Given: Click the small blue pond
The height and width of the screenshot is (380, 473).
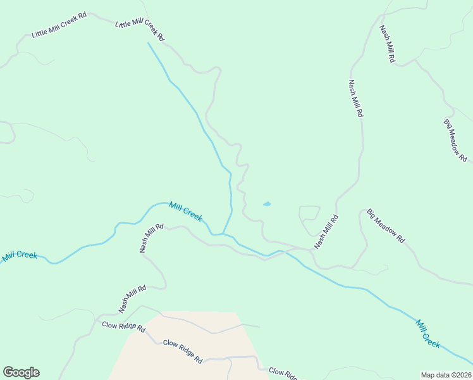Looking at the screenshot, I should (267, 204).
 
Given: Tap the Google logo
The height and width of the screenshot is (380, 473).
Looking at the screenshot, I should (21, 372).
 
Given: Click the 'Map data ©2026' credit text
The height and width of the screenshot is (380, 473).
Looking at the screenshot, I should (446, 374).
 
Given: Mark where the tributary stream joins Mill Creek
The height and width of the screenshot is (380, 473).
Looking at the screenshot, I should (222, 234).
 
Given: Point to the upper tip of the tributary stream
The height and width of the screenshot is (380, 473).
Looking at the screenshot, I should (148, 43).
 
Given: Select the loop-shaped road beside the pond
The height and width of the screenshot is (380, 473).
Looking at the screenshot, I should (309, 217).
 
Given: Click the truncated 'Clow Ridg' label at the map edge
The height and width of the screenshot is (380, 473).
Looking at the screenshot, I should (283, 374).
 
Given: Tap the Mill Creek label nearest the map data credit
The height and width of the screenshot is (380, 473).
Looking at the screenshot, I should (428, 333).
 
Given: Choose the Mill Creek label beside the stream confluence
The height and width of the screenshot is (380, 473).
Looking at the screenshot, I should (186, 212).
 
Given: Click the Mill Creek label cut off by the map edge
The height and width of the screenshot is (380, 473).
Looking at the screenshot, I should (19, 255).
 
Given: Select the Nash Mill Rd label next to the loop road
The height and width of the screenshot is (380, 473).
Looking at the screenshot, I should (326, 232).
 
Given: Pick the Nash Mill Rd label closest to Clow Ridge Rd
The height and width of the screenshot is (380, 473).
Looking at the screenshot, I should (132, 299).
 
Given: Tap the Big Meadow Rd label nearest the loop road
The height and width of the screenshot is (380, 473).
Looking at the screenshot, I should (385, 227).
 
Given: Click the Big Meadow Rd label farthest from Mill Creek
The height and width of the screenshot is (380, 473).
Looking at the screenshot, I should (455, 141).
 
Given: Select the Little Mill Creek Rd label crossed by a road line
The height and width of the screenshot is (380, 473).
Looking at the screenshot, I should (140, 30).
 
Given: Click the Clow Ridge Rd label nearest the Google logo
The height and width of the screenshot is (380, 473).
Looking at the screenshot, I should (123, 327).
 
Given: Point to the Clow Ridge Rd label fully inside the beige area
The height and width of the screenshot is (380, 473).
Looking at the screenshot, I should (182, 351).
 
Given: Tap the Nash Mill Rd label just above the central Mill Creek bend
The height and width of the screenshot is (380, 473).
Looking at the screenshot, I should (151, 238).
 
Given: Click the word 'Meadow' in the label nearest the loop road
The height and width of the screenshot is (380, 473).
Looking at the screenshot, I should (386, 227).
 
